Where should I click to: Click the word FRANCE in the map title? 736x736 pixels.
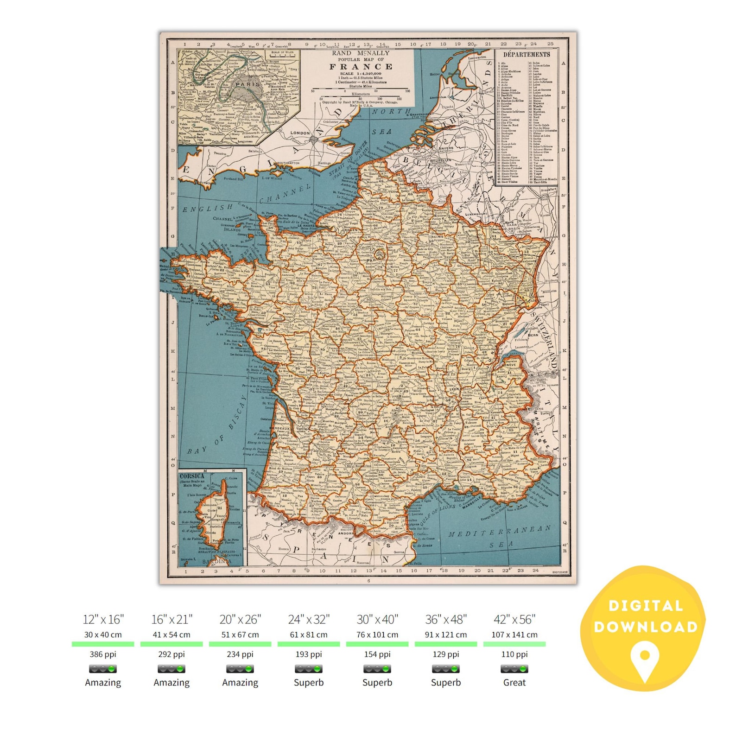click(x=361, y=67)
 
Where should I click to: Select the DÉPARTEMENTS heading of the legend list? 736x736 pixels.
click(x=527, y=54)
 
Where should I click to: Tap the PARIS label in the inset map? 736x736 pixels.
click(x=248, y=84)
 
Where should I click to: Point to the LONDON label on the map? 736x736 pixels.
click(x=300, y=133)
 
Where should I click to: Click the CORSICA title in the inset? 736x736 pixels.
click(x=191, y=476)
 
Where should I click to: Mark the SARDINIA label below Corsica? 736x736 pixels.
click(x=216, y=561)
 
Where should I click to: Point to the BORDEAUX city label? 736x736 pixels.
click(x=279, y=429)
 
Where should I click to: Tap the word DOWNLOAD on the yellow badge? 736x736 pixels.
click(x=646, y=627)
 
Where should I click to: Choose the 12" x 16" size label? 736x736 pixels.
click(x=103, y=620)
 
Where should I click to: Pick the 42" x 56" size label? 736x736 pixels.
click(x=514, y=620)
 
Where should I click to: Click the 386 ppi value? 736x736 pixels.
click(x=103, y=654)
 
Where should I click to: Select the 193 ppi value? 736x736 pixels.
click(x=309, y=654)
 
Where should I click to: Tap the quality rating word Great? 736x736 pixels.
click(x=514, y=683)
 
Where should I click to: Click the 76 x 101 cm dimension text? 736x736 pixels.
click(x=377, y=635)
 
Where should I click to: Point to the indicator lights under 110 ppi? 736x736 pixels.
click(x=514, y=669)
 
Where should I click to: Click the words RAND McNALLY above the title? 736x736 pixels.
click(x=361, y=53)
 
